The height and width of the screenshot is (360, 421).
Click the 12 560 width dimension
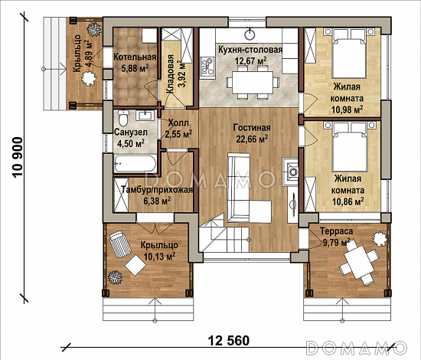(x=227, y=339)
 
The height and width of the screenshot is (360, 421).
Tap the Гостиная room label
(x=250, y=128)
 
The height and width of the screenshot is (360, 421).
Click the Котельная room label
(x=135, y=57)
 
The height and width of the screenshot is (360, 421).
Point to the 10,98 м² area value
(x=348, y=110)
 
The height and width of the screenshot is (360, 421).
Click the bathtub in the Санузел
(x=135, y=163)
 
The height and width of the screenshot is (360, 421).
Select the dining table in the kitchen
(x=251, y=79)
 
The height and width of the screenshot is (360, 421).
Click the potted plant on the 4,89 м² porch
(x=93, y=28)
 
